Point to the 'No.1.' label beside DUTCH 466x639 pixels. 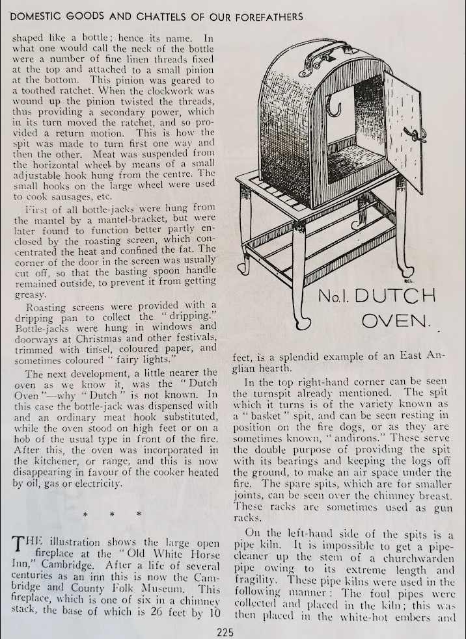point(333,297)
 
